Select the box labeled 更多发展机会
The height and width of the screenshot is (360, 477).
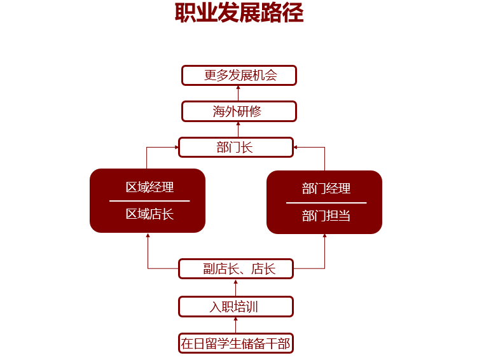pyautogui.click(x=239, y=75)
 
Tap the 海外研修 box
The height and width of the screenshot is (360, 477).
pyautogui.click(x=239, y=111)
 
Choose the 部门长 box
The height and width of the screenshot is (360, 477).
pyautogui.click(x=236, y=148)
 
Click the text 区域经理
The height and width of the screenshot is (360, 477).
pyautogui.click(x=150, y=187)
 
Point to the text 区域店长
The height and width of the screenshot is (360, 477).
pyautogui.click(x=150, y=214)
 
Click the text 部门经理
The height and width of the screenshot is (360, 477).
pyautogui.click(x=326, y=188)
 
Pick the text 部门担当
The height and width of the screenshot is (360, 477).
pyautogui.click(x=326, y=216)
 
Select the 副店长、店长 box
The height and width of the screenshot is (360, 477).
pyautogui.click(x=236, y=268)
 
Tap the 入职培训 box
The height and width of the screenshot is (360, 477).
pyautogui.click(x=236, y=307)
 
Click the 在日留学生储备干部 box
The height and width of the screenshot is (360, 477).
pyautogui.click(x=236, y=343)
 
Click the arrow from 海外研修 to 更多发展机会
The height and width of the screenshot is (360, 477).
pyautogui.click(x=238, y=93)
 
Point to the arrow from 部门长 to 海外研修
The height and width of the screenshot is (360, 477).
pyautogui.click(x=238, y=129)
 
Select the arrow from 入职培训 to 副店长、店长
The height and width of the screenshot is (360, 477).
pyautogui.click(x=236, y=287)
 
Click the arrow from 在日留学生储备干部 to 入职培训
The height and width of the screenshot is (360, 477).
pyautogui.click(x=236, y=325)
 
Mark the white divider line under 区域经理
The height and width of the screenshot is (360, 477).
pyautogui.click(x=149, y=201)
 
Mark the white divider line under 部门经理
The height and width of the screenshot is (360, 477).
pyautogui.click(x=326, y=203)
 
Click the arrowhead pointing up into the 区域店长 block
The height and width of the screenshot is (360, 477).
pyautogui.click(x=148, y=236)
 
